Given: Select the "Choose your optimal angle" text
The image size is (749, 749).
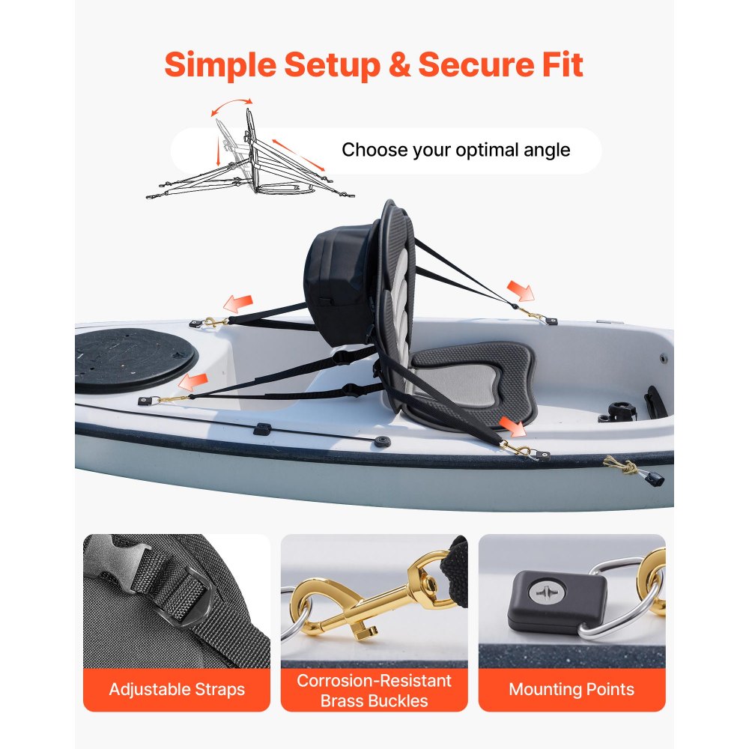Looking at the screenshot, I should (455, 150).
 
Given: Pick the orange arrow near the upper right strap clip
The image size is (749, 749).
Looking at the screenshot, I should (521, 291).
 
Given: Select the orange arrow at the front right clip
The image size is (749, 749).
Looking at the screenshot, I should (512, 427).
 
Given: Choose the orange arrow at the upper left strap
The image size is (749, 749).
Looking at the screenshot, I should (238, 304).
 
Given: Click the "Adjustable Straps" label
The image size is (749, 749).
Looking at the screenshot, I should (177, 689).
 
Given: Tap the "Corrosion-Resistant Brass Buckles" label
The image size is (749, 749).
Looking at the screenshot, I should (374, 691).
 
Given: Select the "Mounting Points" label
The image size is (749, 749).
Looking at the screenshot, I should (571, 689).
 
